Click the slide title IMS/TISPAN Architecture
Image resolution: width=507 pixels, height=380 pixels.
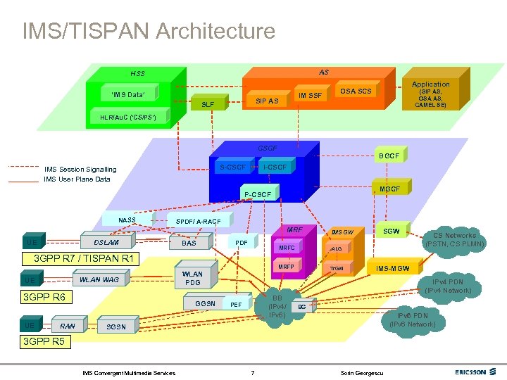click(x=149, y=31)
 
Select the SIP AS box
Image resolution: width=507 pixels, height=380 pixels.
click(x=266, y=101)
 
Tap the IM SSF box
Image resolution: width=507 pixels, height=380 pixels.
click(x=311, y=95)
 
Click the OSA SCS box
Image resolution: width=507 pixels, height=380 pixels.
click(x=355, y=91)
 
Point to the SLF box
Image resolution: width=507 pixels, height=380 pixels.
click(x=208, y=104)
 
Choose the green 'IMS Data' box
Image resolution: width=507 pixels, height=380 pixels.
click(x=124, y=94)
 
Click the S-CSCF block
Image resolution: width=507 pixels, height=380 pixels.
click(x=233, y=167)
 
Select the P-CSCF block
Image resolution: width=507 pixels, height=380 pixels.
click(x=258, y=194)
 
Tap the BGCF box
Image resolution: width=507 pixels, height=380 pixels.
click(x=388, y=156)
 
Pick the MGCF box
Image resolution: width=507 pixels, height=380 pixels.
click(x=389, y=189)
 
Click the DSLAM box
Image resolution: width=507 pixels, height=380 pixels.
click(x=106, y=242)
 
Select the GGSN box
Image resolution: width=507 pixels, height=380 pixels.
click(x=205, y=303)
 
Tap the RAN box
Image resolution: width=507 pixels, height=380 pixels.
click(x=68, y=326)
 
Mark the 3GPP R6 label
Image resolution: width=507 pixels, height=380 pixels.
click(x=44, y=297)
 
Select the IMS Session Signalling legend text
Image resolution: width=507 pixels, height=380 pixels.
click(x=80, y=169)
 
